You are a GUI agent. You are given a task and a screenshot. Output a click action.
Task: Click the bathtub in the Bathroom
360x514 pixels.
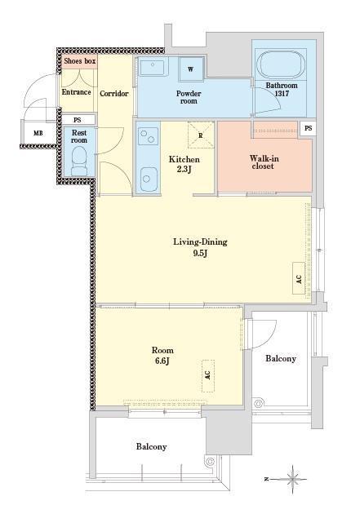click(281, 65)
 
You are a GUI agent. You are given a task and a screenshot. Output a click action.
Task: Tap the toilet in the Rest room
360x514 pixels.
click(79, 161)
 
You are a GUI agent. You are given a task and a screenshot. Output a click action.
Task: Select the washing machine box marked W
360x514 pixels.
click(191, 69)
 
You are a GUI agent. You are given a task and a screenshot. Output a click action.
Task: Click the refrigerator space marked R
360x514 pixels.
click(200, 135)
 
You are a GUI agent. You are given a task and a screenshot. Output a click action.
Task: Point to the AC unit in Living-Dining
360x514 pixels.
click(299, 278)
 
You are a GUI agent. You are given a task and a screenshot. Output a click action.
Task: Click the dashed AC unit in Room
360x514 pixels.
click(208, 376)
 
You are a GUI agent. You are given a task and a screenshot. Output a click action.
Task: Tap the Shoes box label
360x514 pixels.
click(80, 61)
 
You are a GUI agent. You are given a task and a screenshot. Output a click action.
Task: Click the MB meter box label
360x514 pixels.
click(38, 134)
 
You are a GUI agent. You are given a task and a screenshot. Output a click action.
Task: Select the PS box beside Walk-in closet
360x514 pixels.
click(309, 128)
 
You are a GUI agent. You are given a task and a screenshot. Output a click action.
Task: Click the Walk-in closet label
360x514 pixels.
click(264, 162)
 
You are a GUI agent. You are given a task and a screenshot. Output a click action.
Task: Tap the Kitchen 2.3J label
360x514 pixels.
click(184, 164)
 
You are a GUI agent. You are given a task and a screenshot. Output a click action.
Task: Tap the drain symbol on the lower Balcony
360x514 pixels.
click(209, 462)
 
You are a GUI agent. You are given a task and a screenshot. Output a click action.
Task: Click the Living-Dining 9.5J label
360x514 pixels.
click(200, 247)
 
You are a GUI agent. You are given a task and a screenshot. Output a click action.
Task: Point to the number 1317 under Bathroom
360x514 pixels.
click(282, 94)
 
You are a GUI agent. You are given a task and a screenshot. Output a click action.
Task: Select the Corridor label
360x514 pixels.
click(113, 94)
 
